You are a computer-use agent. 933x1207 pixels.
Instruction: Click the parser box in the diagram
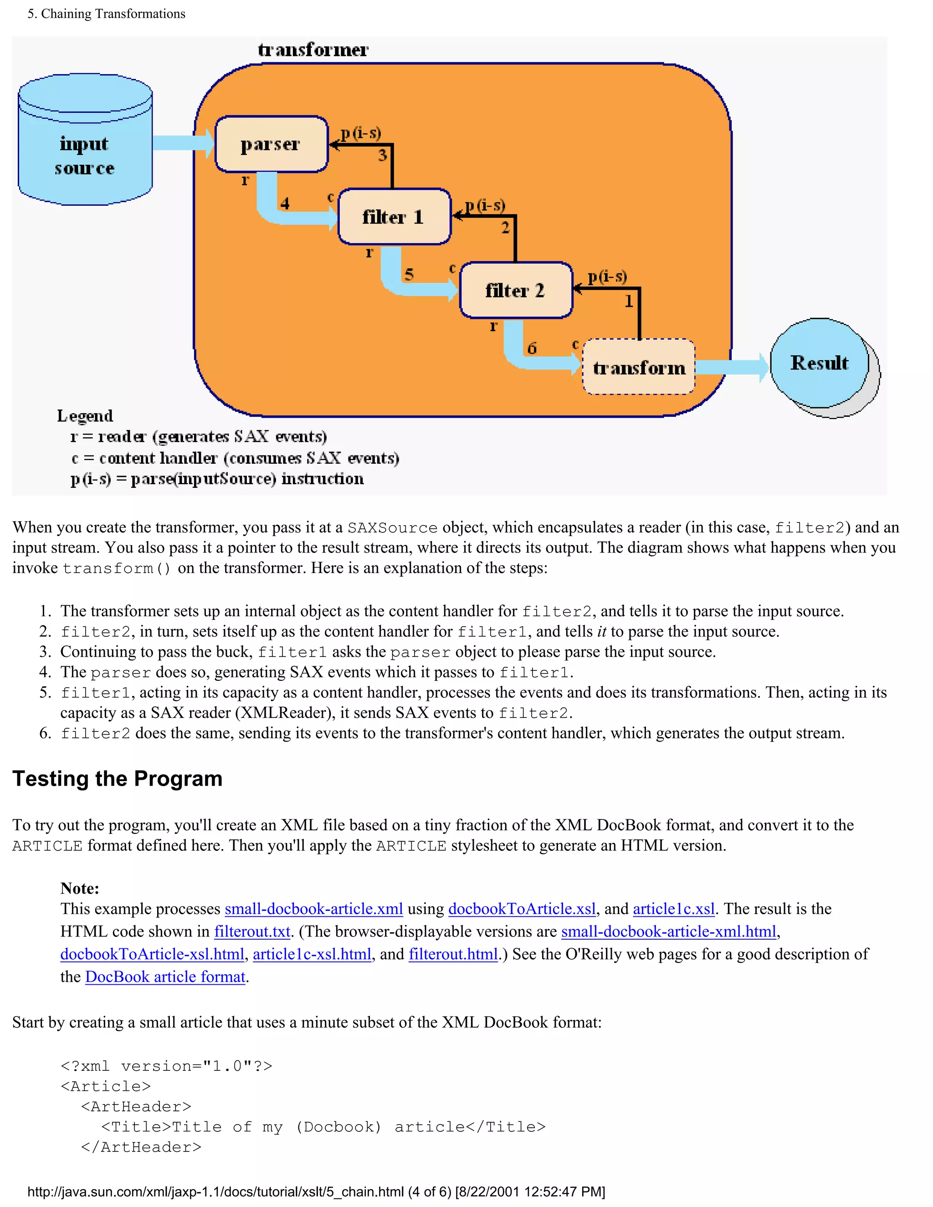coord(271,144)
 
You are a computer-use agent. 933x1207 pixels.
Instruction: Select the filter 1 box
coord(394,217)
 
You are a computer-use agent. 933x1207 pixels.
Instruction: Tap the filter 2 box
coord(516,290)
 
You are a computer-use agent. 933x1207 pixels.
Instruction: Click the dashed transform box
coord(639,367)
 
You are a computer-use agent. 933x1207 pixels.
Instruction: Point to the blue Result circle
coord(819,363)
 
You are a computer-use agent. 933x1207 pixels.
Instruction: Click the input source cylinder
coord(85,149)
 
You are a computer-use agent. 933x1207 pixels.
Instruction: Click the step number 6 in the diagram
coord(532,348)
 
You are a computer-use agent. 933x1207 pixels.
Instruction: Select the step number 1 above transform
coord(628,301)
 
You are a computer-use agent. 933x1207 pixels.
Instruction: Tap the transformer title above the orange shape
coord(313,50)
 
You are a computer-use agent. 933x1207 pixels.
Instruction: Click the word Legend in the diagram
coord(85,415)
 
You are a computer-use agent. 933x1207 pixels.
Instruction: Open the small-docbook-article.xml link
coord(313,909)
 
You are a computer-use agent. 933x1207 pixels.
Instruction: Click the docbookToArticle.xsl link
coord(522,909)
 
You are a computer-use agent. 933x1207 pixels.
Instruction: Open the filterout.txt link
coord(252,931)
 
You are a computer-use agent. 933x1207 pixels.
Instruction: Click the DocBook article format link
coord(165,977)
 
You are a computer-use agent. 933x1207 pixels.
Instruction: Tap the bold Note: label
coord(80,888)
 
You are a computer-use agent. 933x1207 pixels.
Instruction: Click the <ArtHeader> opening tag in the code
coord(136,1106)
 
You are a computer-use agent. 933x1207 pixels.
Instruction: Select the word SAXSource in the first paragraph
coord(392,528)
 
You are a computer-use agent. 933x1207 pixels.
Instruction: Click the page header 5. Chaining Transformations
coord(106,14)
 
